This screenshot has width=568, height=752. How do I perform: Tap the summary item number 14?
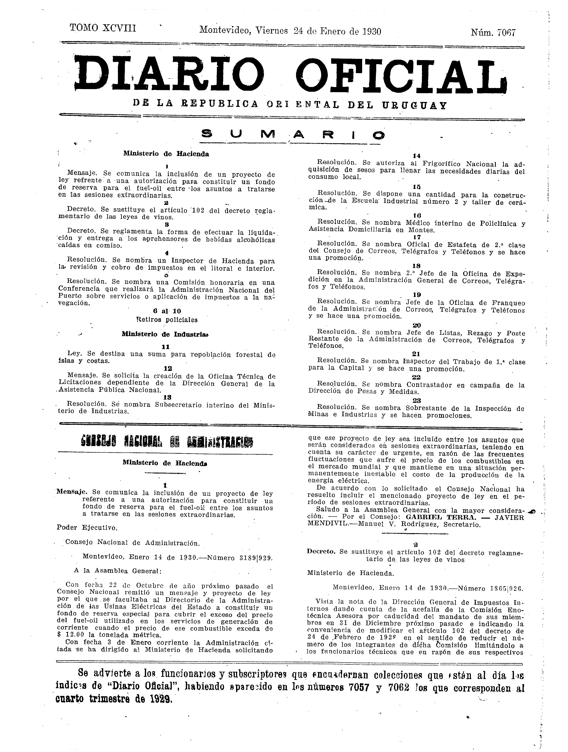click(x=417, y=156)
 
